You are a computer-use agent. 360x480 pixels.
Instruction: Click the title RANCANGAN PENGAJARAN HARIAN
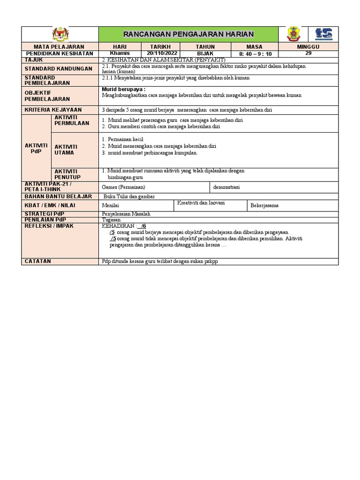click(188, 34)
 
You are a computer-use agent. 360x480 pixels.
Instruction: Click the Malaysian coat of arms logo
click(60, 34)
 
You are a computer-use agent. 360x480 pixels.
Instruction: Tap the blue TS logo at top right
click(323, 34)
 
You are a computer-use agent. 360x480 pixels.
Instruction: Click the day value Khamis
click(119, 53)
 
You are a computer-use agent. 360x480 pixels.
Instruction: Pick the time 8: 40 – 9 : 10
click(255, 54)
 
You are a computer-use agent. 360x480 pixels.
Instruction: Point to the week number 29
click(308, 53)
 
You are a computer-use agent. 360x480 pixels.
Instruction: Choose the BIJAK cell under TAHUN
click(205, 53)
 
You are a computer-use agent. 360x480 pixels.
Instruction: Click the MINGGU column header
click(308, 47)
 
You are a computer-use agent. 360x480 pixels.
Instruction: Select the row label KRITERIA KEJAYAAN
click(53, 110)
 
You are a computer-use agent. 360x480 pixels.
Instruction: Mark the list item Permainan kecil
click(125, 139)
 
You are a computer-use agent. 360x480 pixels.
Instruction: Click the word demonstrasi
click(226, 187)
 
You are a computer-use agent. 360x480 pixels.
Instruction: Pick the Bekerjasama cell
click(264, 205)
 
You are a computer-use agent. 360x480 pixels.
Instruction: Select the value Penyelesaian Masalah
click(126, 214)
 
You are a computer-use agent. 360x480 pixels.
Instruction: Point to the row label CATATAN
click(38, 261)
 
